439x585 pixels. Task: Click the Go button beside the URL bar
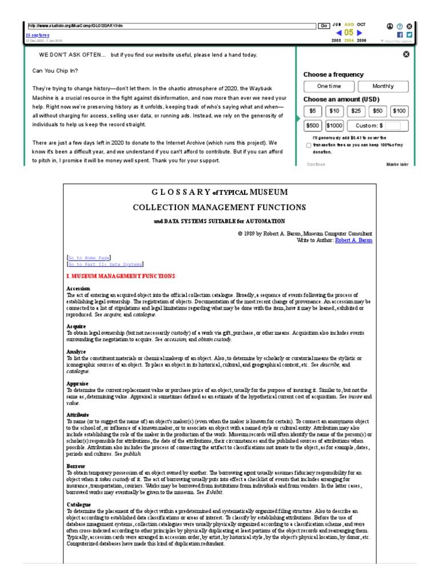click(324, 26)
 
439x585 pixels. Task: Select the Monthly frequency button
click(383, 86)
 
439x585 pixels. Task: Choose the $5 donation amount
click(313, 111)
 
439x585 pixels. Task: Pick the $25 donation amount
click(356, 111)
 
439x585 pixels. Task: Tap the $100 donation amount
click(400, 111)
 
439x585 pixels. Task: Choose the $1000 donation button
click(334, 126)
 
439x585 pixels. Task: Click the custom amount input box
click(397, 126)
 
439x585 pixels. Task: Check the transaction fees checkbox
click(309, 146)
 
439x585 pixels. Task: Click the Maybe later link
click(398, 165)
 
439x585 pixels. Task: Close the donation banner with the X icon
click(406, 54)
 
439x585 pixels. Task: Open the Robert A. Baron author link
click(353, 241)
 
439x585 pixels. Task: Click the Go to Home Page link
click(89, 258)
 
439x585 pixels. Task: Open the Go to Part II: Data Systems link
click(105, 265)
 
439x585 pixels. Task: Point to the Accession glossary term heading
click(78, 289)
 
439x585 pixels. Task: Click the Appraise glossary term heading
click(78, 384)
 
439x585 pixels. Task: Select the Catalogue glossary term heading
click(79, 505)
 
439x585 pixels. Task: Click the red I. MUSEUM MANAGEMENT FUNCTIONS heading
click(121, 277)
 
